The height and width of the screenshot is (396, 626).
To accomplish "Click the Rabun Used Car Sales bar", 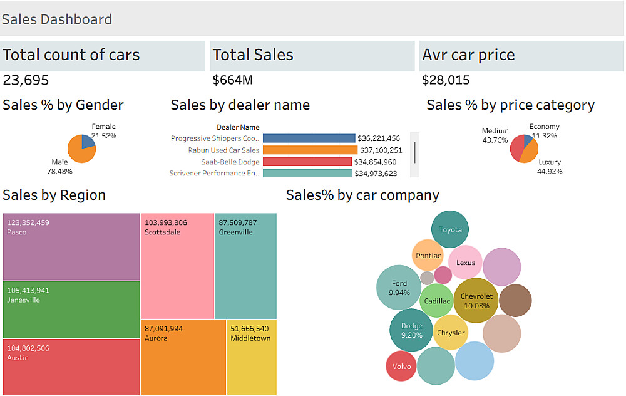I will click(x=310, y=150).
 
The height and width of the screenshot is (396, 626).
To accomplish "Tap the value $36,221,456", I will click(x=378, y=138).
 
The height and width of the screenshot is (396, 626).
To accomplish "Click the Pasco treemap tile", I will click(x=71, y=247).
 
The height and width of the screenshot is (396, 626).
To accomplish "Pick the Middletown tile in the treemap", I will click(x=250, y=357).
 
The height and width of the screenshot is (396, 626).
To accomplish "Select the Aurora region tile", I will click(x=183, y=357).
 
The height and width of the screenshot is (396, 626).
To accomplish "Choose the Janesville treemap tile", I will click(x=71, y=310).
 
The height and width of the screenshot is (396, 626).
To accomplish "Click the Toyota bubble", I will click(x=450, y=229).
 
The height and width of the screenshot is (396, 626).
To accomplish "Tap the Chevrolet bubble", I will click(x=476, y=301).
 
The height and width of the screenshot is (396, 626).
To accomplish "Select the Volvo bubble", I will click(x=401, y=366).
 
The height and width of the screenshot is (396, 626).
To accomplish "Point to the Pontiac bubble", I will click(x=428, y=256).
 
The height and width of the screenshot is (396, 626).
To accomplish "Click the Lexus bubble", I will click(x=465, y=263).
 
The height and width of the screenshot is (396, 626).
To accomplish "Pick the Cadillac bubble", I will click(x=436, y=301).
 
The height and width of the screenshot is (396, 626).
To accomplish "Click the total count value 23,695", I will click(x=26, y=80).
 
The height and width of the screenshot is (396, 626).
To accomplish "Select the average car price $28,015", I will click(x=446, y=80).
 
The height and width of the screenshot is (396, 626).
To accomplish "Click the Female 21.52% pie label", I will click(x=104, y=131).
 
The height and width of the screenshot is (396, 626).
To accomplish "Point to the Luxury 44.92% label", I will click(x=550, y=167).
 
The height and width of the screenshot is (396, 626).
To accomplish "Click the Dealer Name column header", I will click(x=238, y=127).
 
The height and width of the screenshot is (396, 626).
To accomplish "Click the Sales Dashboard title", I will click(x=57, y=19).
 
